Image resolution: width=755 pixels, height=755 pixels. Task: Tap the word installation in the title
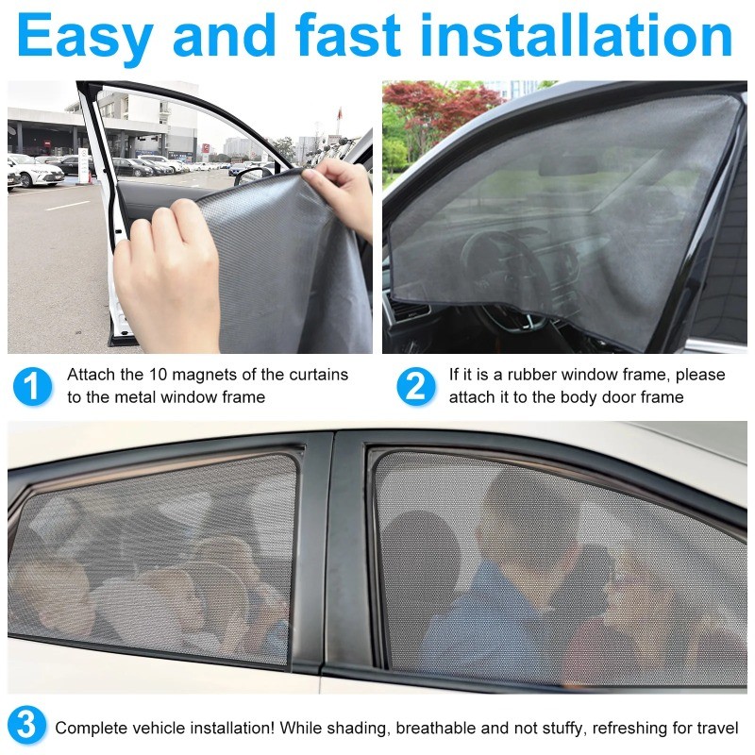[x=577, y=35]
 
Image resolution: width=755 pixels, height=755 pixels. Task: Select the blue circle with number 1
[x=32, y=387]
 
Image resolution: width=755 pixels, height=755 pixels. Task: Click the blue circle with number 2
[x=416, y=387]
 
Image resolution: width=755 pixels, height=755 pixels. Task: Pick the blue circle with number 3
[x=27, y=726]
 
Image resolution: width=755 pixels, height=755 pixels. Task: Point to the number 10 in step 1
[x=158, y=374]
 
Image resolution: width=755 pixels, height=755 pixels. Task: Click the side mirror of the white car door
[x=254, y=176]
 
